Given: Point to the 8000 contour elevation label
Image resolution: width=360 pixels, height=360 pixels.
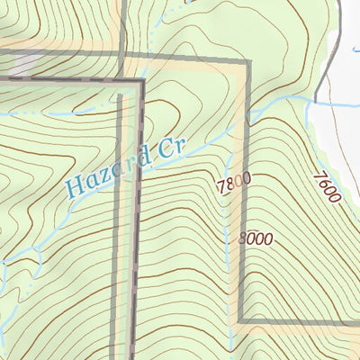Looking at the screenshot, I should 255,239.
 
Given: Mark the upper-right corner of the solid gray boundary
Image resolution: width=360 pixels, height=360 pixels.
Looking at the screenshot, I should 244,62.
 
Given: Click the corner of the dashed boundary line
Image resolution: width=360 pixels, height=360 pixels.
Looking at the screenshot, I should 141,82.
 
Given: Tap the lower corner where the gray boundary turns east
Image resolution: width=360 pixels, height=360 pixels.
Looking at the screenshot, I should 241,320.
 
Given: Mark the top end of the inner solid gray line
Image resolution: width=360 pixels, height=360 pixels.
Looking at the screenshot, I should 120,92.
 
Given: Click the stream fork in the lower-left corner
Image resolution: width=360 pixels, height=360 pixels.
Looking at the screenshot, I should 13,270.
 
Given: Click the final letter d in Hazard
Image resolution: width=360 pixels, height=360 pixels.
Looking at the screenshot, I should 138,161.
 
